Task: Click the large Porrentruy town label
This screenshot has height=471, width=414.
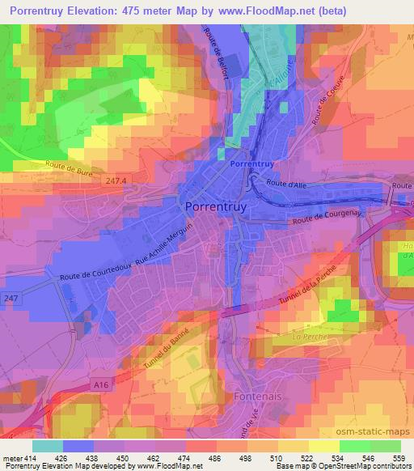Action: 216,206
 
